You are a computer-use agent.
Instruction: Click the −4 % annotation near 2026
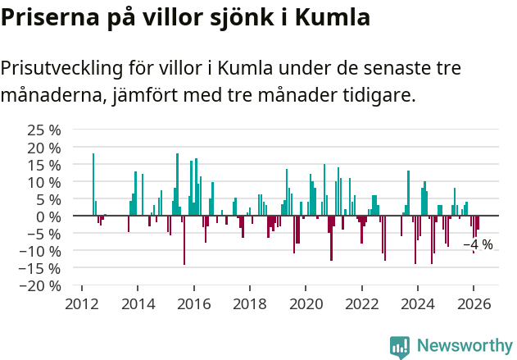[x=478, y=244]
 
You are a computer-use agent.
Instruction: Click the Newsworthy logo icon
[x=400, y=347]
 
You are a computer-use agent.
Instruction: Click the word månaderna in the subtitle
[x=51, y=96]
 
